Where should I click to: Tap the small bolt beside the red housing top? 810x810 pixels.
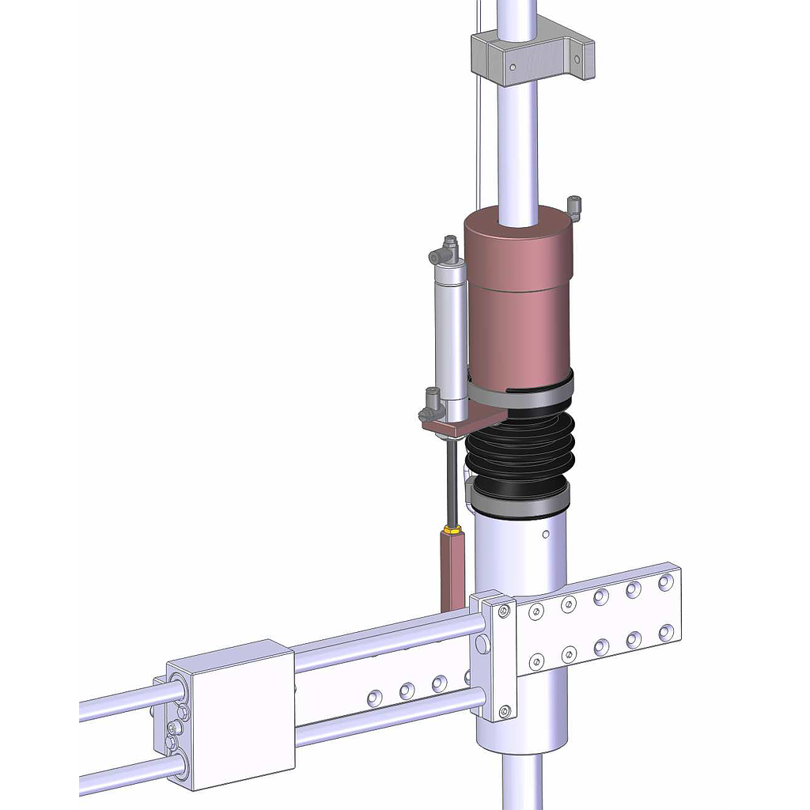pos(574,207)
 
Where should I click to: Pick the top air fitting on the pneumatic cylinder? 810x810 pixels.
pos(444,252)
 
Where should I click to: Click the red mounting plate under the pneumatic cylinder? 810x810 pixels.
pos(455,426)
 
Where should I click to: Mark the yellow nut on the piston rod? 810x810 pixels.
pos(452,529)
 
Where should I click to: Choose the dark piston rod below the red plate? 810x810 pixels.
pos(451,483)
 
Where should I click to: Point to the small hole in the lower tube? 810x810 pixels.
pos(546,535)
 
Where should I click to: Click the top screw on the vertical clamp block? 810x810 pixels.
pos(504,610)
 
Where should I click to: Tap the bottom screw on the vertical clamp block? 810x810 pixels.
pos(504,710)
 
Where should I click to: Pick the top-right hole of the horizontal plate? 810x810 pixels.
pos(665,581)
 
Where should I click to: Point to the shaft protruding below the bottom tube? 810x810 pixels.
pos(522,783)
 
